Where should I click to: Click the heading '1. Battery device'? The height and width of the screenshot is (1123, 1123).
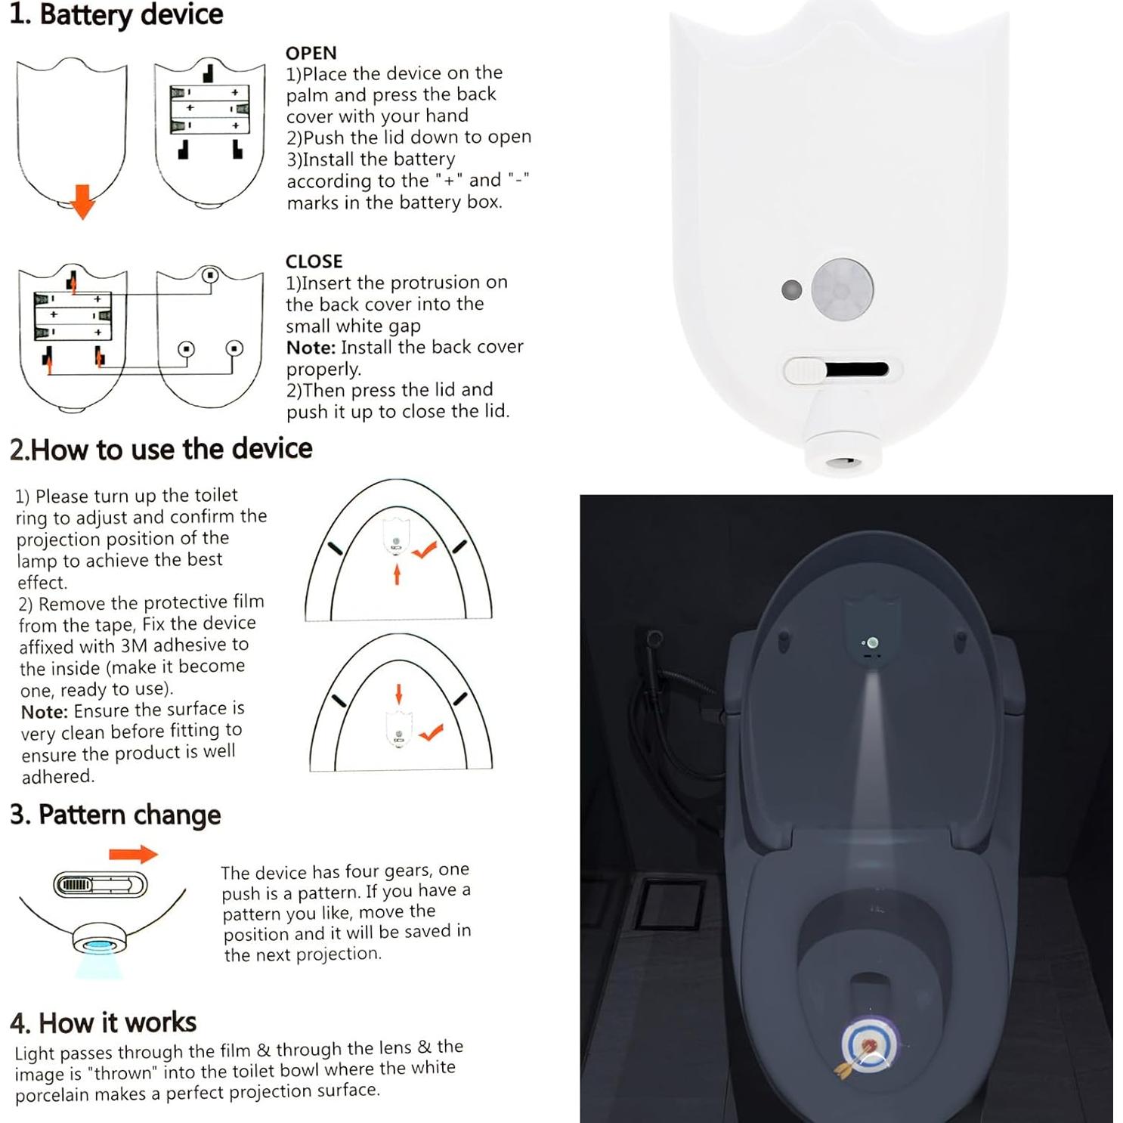(x=116, y=14)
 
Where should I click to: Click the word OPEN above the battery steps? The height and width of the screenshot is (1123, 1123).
(x=311, y=53)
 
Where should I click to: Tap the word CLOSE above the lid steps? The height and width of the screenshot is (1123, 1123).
(x=314, y=261)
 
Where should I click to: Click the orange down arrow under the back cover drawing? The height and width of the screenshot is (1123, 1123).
(x=82, y=201)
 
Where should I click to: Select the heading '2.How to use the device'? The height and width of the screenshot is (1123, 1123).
(x=161, y=449)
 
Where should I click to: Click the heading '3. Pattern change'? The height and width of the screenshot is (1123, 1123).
(x=116, y=815)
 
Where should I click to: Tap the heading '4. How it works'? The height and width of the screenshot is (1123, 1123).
(x=104, y=1022)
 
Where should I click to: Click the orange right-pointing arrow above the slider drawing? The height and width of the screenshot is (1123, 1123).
(x=133, y=854)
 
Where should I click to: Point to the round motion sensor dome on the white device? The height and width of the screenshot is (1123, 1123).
(x=843, y=289)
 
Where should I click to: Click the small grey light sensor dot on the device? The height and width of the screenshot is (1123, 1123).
(x=791, y=289)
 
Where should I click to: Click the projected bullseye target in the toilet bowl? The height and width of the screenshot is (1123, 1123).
(x=869, y=1045)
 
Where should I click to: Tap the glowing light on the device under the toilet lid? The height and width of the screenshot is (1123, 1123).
(x=873, y=643)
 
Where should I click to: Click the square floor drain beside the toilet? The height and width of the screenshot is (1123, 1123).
(x=670, y=904)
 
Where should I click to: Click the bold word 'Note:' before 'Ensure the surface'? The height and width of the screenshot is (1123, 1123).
(x=45, y=712)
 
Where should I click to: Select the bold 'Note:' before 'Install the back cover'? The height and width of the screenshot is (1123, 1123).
(x=311, y=348)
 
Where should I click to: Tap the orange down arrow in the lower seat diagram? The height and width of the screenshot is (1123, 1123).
(x=399, y=694)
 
